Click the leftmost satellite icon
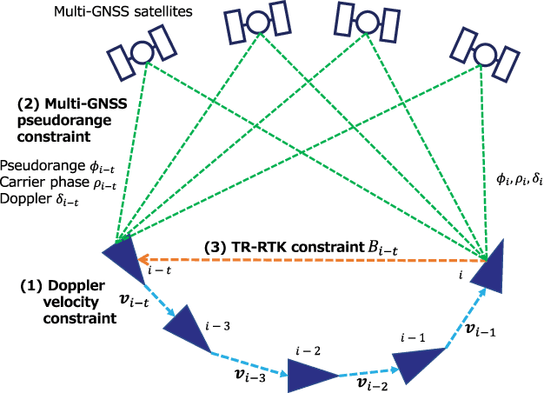coord(139,53)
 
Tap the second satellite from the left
coord(257,27)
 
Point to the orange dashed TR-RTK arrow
coord(313,258)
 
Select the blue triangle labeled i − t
coord(121,256)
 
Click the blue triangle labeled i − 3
coord(188,331)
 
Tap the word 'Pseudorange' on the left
coord(33,164)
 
